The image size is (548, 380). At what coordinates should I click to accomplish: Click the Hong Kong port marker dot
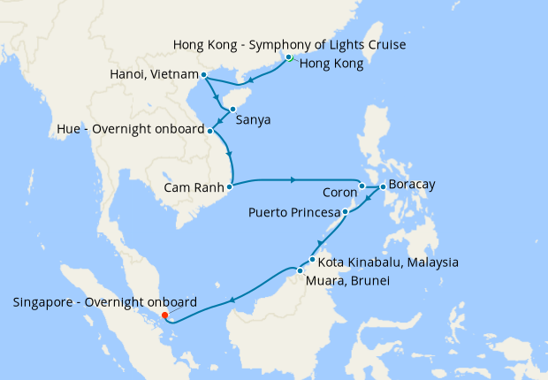coord(289,57)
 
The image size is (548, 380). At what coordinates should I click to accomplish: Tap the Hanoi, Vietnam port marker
coord(204,75)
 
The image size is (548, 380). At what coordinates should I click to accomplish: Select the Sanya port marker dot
coord(232,110)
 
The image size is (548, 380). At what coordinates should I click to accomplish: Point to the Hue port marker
coord(209,131)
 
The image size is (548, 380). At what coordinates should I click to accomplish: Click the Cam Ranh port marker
coord(229,186)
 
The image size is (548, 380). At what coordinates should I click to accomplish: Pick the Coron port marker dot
coord(362,186)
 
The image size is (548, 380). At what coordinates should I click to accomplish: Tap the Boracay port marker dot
coord(382,186)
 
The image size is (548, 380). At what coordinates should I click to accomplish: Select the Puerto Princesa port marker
coord(346,212)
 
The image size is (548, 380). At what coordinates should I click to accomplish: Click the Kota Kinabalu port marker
coord(312,260)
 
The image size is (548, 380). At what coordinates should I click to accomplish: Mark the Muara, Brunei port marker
coord(301,270)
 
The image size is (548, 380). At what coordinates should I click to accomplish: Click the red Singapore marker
coord(165,315)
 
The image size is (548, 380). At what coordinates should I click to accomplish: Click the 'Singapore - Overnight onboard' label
coord(105,302)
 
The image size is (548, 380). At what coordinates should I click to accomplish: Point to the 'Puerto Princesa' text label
coord(294,212)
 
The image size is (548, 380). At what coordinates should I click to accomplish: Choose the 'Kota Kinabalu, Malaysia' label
coord(388,262)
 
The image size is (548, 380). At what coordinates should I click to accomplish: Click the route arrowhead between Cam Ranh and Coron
coord(293,180)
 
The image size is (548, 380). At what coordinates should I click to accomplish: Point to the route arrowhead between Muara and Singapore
coord(232,300)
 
